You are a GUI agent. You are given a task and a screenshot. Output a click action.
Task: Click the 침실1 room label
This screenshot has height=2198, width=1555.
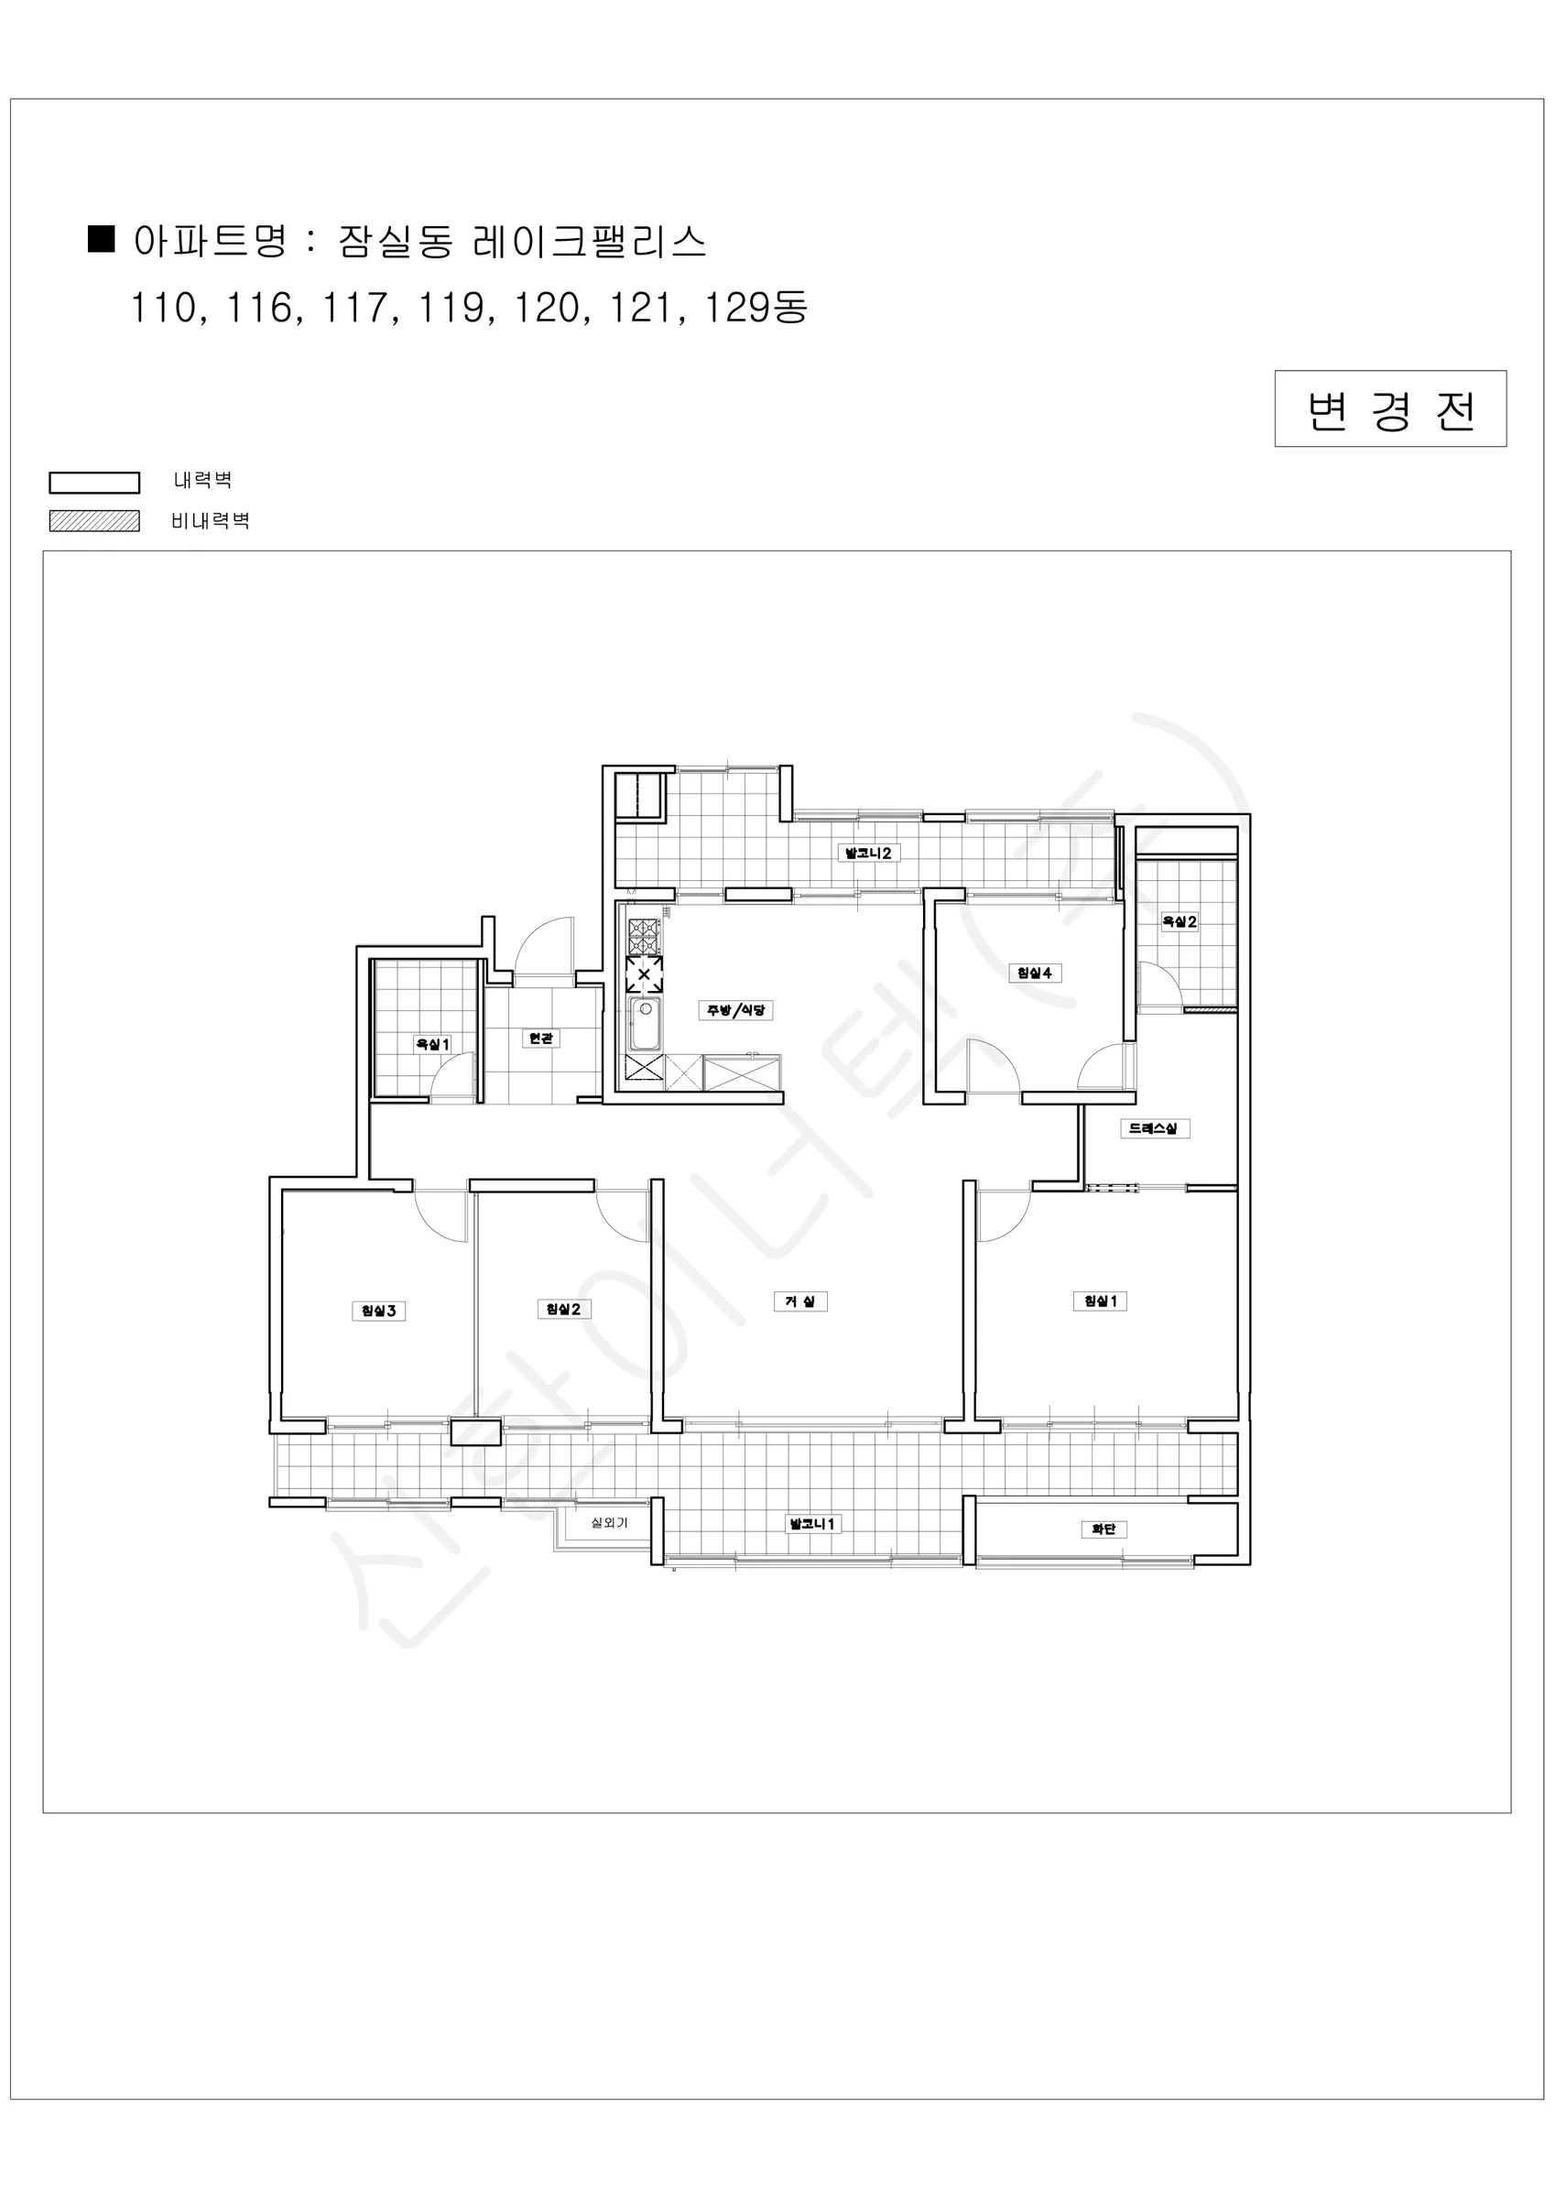tap(1100, 1300)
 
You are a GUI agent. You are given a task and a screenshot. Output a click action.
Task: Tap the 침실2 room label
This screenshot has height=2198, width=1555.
tap(563, 1309)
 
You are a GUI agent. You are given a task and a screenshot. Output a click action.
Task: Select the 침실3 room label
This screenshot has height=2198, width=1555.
tap(378, 1311)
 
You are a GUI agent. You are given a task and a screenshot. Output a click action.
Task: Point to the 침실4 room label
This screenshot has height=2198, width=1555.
tap(1034, 973)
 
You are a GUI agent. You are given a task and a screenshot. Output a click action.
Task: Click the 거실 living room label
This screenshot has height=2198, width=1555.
tap(799, 1301)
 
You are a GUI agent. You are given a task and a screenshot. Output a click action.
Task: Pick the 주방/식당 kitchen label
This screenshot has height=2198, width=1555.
tap(735, 1010)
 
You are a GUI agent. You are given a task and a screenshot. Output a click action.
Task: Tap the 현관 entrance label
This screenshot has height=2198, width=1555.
tap(541, 1039)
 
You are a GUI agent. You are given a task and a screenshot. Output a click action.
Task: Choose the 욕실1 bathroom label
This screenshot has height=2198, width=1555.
tap(432, 1044)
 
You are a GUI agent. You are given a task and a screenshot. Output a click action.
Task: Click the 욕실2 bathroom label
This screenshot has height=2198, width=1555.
tap(1179, 922)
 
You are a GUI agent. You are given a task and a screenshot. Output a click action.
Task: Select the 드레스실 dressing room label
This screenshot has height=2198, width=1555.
tap(1154, 1128)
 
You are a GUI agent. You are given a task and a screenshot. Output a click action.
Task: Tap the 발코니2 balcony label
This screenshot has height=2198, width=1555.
tap(868, 853)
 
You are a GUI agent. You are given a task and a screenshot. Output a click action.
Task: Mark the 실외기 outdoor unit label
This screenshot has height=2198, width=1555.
tap(609, 1522)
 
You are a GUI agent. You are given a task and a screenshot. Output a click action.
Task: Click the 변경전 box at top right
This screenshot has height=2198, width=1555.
tap(1390, 408)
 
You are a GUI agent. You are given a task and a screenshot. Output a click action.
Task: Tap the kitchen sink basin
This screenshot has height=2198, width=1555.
tap(645, 1023)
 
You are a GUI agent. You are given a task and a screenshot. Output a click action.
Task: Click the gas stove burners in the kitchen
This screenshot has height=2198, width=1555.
tap(644, 935)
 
